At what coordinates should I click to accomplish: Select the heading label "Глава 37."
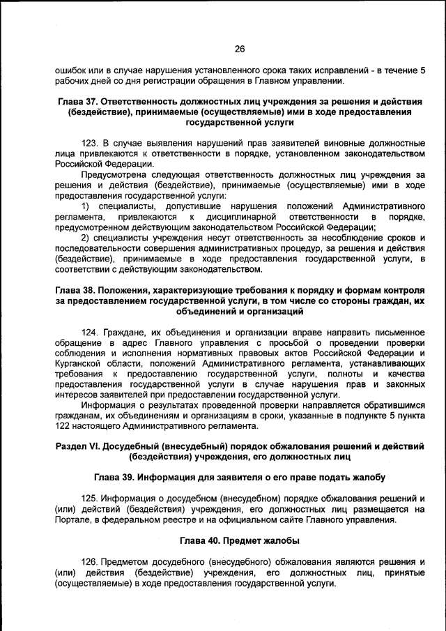pos(82,102)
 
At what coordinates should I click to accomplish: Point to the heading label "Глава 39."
pos(114,478)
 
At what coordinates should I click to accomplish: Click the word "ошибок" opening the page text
pos(70,70)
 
